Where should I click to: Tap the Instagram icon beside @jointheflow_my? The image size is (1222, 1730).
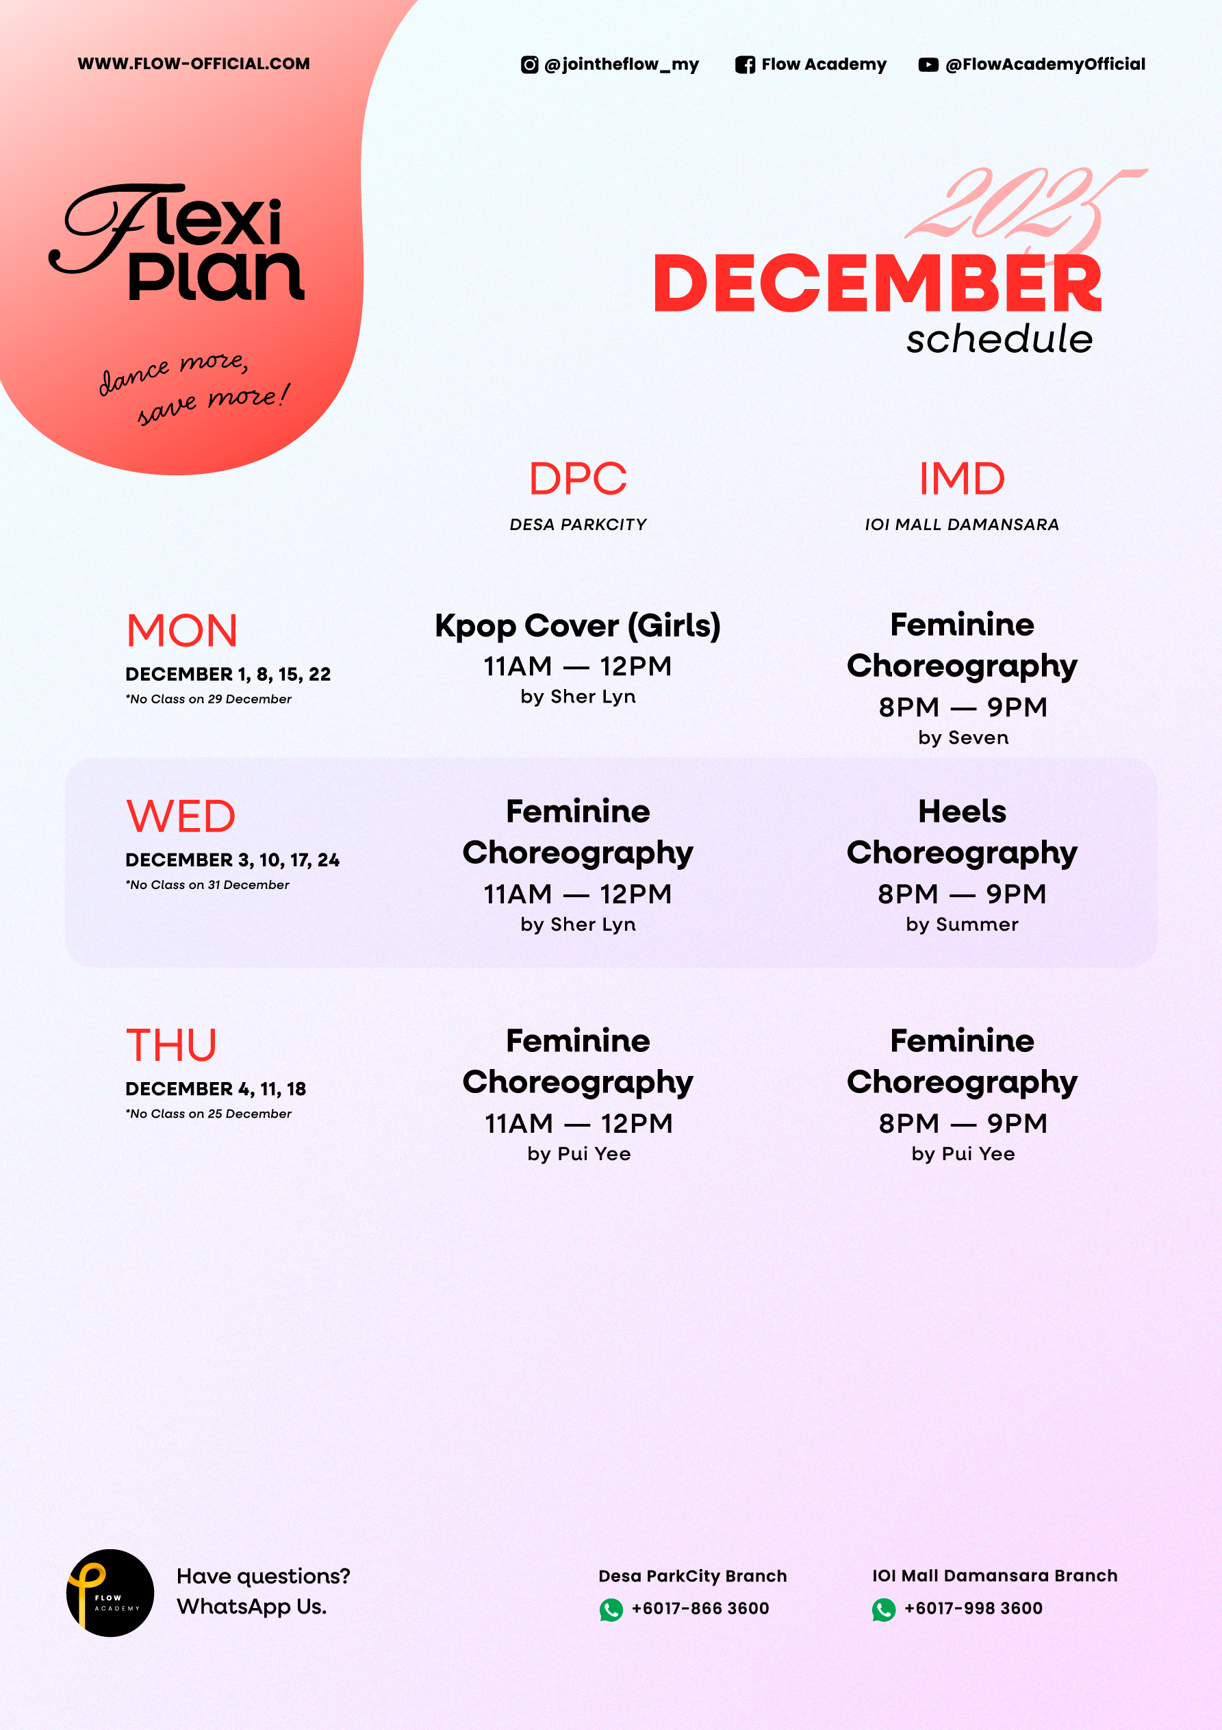530,65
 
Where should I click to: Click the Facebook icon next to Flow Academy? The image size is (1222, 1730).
745,65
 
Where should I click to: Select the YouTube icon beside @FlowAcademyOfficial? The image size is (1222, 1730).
928,65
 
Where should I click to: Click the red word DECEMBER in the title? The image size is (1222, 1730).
878,284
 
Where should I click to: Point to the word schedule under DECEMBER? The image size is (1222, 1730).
999,339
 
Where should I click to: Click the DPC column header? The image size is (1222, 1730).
578,479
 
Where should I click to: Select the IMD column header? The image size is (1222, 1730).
962,479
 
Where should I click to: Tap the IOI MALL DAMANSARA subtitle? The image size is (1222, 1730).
962,525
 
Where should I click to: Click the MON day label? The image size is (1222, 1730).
181,631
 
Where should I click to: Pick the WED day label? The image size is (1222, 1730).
181,817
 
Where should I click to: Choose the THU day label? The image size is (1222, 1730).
171,1046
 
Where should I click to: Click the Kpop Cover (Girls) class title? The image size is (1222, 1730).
578,626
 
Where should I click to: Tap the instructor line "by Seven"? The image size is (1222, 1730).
963,738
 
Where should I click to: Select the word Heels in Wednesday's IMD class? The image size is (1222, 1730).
962,812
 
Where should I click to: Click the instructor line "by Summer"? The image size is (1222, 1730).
962,925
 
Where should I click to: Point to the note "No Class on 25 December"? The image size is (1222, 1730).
209,1114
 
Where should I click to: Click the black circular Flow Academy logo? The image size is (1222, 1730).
110,1593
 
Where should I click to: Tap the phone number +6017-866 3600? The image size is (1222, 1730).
700,1609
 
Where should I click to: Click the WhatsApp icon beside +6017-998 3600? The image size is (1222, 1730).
884,1610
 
